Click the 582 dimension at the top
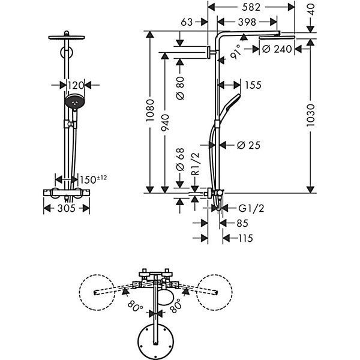tap(251, 7)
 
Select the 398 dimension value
tap(247, 22)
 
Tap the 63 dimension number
tap(187, 22)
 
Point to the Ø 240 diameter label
tap(277, 49)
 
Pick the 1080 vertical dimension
tap(150, 110)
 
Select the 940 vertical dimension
tap(165, 123)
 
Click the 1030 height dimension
tap(310, 115)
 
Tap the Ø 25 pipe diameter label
tap(248, 145)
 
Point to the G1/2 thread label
tap(251, 208)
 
